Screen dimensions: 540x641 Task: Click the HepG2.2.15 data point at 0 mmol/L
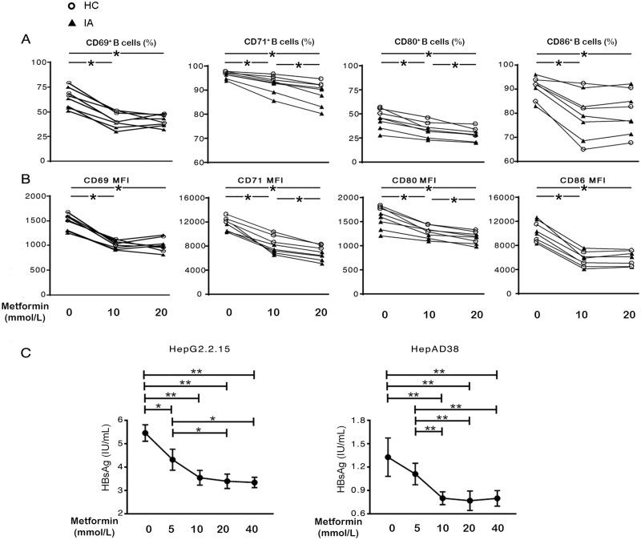click(x=145, y=433)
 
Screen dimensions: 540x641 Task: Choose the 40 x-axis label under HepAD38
click(x=497, y=530)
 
